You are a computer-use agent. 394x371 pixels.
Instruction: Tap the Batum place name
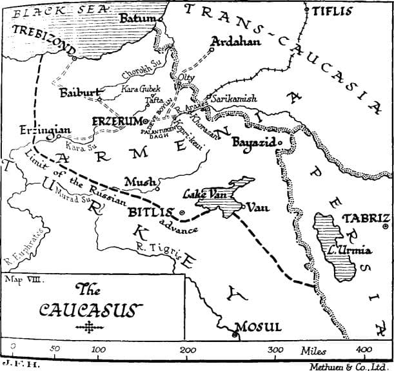pyautogui.click(x=138, y=19)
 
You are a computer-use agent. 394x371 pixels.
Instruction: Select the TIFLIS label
pyautogui.click(x=332, y=11)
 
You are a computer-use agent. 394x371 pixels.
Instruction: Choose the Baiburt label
pyautogui.click(x=77, y=93)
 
